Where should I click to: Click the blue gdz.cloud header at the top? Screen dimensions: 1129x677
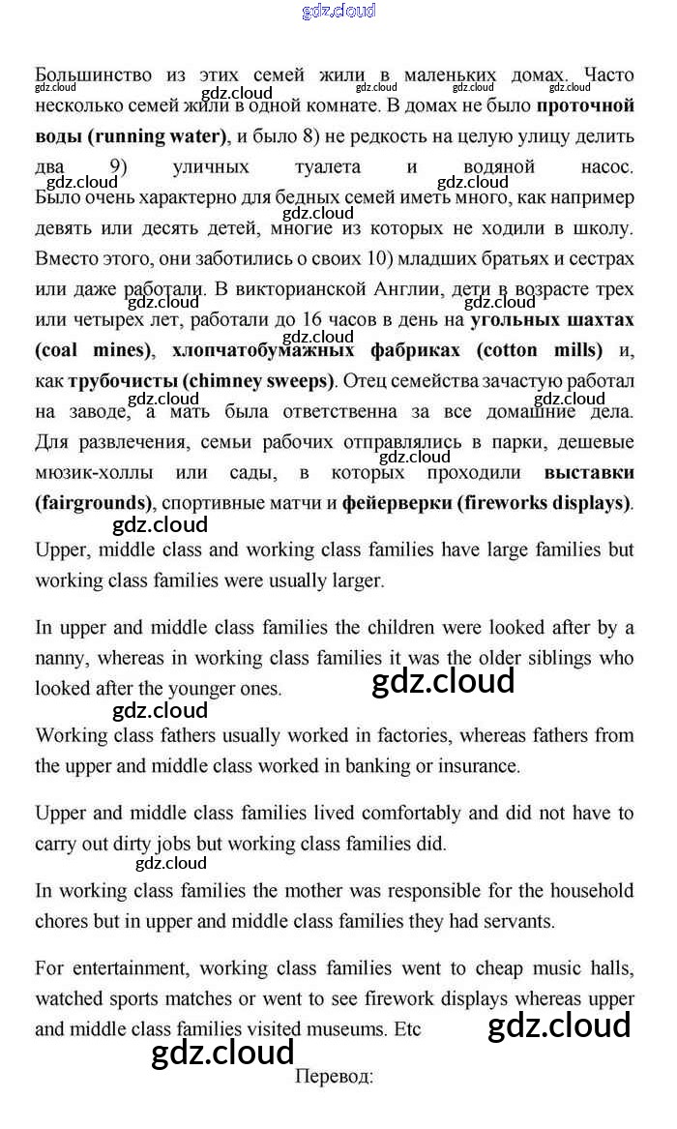(x=338, y=12)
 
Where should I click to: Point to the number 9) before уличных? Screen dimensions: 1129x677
(x=119, y=166)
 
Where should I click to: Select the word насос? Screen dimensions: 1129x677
(x=608, y=166)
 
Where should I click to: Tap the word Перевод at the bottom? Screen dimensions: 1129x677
(x=332, y=1076)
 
